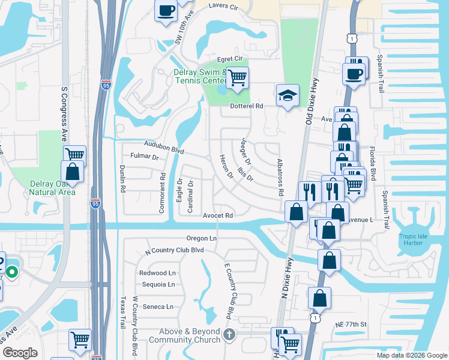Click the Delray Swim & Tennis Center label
[199, 77]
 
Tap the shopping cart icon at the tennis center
[238, 77]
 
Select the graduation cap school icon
[288, 95]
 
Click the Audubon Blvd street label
[164, 146]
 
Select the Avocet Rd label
[217, 215]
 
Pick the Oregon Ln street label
[200, 238]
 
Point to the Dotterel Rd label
[247, 106]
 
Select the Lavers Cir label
[223, 7]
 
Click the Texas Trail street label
[124, 312]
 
